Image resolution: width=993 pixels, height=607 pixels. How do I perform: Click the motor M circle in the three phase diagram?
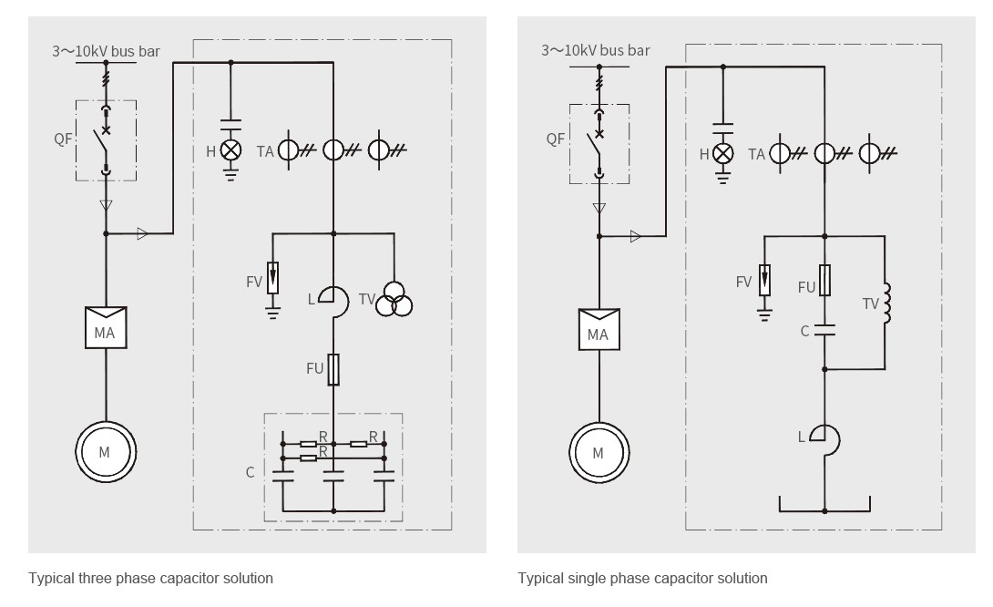click(x=106, y=423)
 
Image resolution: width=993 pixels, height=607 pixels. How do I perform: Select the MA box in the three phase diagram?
click(x=106, y=327)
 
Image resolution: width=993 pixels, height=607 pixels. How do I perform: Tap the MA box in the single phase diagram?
click(x=599, y=330)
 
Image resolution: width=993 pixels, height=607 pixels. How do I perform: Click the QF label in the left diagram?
click(x=63, y=139)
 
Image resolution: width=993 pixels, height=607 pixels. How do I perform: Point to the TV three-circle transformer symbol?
click(x=394, y=300)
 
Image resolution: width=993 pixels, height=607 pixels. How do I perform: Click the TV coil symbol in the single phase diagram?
click(x=886, y=303)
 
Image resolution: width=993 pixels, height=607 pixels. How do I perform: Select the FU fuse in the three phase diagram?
click(x=333, y=369)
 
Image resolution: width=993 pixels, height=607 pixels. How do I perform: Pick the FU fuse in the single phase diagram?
click(x=824, y=280)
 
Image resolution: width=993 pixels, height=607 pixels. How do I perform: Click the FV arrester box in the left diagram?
click(x=273, y=277)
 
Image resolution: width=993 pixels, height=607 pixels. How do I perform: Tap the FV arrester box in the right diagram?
click(x=765, y=280)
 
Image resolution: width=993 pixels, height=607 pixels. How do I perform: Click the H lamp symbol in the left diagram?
click(x=230, y=150)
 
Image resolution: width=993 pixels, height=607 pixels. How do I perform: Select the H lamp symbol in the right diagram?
click(x=723, y=153)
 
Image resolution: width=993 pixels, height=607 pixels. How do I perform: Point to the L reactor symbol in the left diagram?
click(x=347, y=301)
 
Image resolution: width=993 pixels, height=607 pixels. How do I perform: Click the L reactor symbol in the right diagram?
click(x=838, y=439)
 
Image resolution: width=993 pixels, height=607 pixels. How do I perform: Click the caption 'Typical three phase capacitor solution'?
click(x=150, y=578)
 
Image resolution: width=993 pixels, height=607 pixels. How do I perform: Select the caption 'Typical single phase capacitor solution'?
click(x=642, y=578)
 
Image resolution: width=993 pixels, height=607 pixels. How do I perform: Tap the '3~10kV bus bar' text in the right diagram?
click(x=595, y=51)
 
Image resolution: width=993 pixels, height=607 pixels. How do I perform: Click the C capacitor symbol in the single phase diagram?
click(x=824, y=330)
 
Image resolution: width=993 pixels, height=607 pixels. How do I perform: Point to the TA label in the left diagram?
click(x=265, y=151)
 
